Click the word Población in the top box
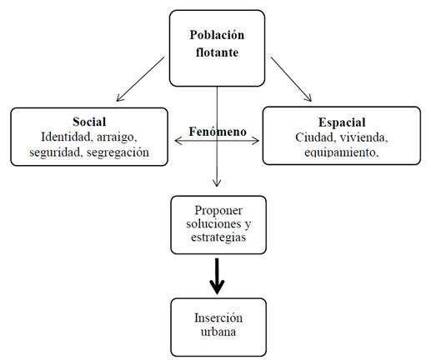(x=217, y=35)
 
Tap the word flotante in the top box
(x=217, y=52)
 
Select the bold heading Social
(x=89, y=122)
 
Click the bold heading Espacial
(x=342, y=122)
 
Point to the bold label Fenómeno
(x=218, y=132)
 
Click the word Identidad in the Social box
(x=67, y=137)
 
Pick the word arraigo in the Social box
(x=117, y=137)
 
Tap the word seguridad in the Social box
(x=56, y=152)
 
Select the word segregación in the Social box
(x=118, y=152)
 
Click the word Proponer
(x=218, y=211)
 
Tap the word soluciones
(x=213, y=223)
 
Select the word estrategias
(x=218, y=237)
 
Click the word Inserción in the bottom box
(x=218, y=317)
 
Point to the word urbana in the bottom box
(x=218, y=332)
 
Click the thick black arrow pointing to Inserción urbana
(x=217, y=276)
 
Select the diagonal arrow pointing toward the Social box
(x=140, y=79)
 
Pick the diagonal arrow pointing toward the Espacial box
(x=291, y=79)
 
